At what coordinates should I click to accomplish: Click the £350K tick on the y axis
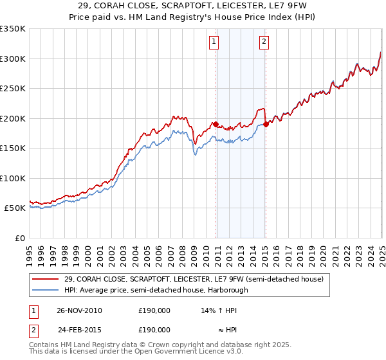point(13,29)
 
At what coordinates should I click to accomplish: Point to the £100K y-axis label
point(13,178)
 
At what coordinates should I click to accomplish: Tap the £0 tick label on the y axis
point(21,238)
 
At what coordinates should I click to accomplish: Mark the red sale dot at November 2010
point(216,124)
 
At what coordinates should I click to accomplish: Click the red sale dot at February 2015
point(266,124)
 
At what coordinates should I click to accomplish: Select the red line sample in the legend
point(45,279)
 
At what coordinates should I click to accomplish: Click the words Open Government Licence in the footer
point(178,352)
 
